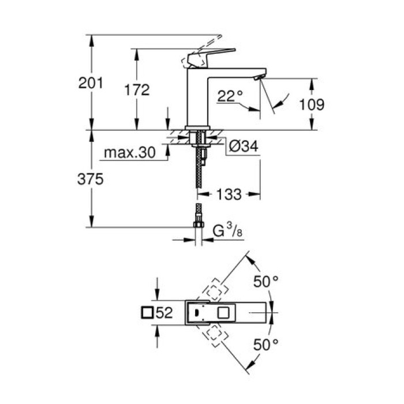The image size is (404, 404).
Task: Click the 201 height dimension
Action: [x=91, y=83]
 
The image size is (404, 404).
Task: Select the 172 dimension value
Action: [x=137, y=90]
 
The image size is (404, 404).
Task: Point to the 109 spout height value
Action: [x=312, y=105]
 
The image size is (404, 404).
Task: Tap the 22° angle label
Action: [x=230, y=96]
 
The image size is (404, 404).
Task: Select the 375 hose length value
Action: [x=91, y=179]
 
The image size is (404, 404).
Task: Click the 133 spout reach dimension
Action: [x=230, y=194]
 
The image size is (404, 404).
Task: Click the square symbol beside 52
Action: [x=148, y=313]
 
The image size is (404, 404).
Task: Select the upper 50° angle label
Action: [x=266, y=282]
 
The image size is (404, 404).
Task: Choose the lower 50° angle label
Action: [x=266, y=345]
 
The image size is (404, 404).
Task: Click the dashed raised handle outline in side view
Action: [x=208, y=43]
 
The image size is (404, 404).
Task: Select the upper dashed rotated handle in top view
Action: [x=215, y=290]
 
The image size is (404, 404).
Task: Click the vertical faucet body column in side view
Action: [x=196, y=98]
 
